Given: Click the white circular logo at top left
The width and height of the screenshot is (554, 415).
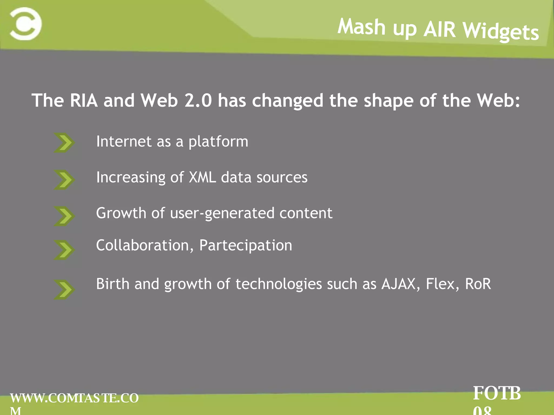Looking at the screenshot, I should point(26,24).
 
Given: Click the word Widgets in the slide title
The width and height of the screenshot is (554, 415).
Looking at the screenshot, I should point(500,31).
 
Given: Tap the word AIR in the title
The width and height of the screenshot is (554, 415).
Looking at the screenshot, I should point(440,29).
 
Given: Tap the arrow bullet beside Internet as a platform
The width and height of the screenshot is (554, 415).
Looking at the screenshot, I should point(64,143).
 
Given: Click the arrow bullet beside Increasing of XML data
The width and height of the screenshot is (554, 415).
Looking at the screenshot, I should point(64,179).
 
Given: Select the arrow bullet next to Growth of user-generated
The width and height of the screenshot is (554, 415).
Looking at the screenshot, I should point(64,216).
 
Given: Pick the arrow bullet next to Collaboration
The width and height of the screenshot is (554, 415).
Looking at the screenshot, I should point(64,250).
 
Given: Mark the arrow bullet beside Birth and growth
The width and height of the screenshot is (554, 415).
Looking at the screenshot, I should point(64,289).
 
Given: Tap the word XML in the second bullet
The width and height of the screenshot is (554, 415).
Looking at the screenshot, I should point(202,178).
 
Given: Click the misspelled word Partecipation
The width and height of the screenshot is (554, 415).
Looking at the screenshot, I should point(246,245).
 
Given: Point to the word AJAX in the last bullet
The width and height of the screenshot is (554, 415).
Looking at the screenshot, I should point(398,284).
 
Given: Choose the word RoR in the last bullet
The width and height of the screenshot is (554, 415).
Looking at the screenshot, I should point(478,284).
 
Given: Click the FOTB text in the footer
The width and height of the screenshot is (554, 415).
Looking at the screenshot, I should point(497,393).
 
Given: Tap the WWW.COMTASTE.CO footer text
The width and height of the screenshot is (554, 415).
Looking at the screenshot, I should point(74,398).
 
